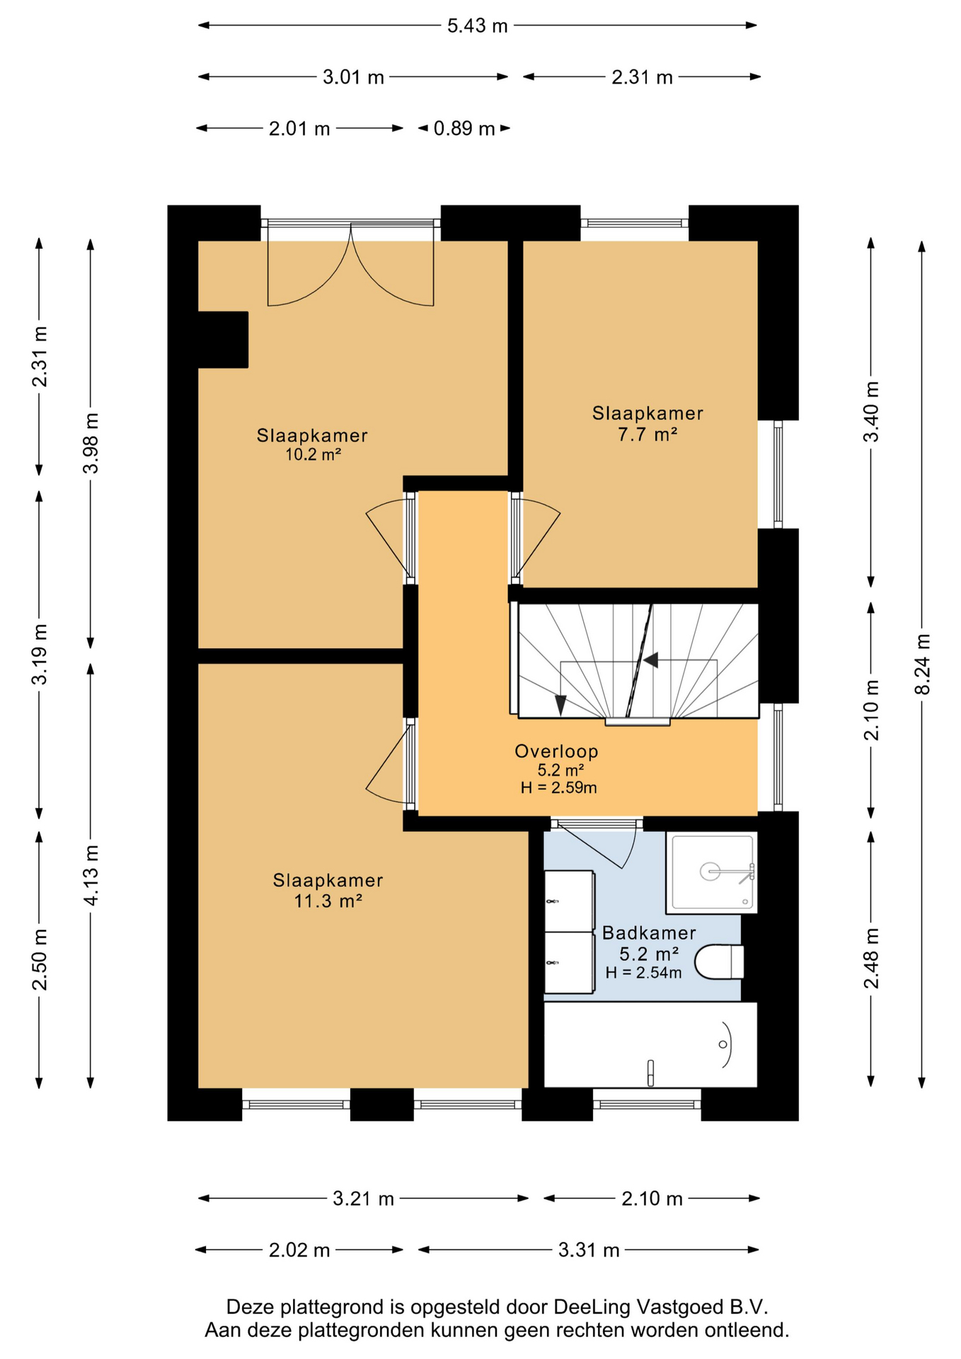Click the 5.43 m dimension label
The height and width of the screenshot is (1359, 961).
click(x=478, y=25)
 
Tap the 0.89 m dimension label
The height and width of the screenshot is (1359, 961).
click(x=464, y=129)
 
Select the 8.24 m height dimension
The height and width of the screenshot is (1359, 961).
click(x=921, y=665)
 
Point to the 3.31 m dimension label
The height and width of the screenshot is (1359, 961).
click(x=589, y=1250)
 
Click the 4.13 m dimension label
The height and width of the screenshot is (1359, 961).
click(x=91, y=875)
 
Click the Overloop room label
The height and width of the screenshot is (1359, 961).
click(x=556, y=752)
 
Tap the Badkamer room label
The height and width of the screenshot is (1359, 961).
click(x=649, y=933)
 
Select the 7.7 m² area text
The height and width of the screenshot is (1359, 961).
click(x=648, y=434)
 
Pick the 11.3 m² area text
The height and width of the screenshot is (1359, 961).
click(x=328, y=901)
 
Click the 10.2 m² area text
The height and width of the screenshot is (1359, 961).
click(x=313, y=454)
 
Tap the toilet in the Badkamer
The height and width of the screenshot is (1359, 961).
click(x=719, y=962)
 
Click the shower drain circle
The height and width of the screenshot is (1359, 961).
click(x=710, y=871)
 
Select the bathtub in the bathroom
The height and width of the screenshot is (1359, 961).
click(x=650, y=1045)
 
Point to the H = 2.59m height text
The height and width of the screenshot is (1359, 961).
click(x=558, y=788)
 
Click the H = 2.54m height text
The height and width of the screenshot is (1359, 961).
click(x=643, y=973)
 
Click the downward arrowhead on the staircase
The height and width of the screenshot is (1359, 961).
click(x=560, y=705)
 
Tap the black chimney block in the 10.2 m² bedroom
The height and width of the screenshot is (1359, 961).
click(x=223, y=340)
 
